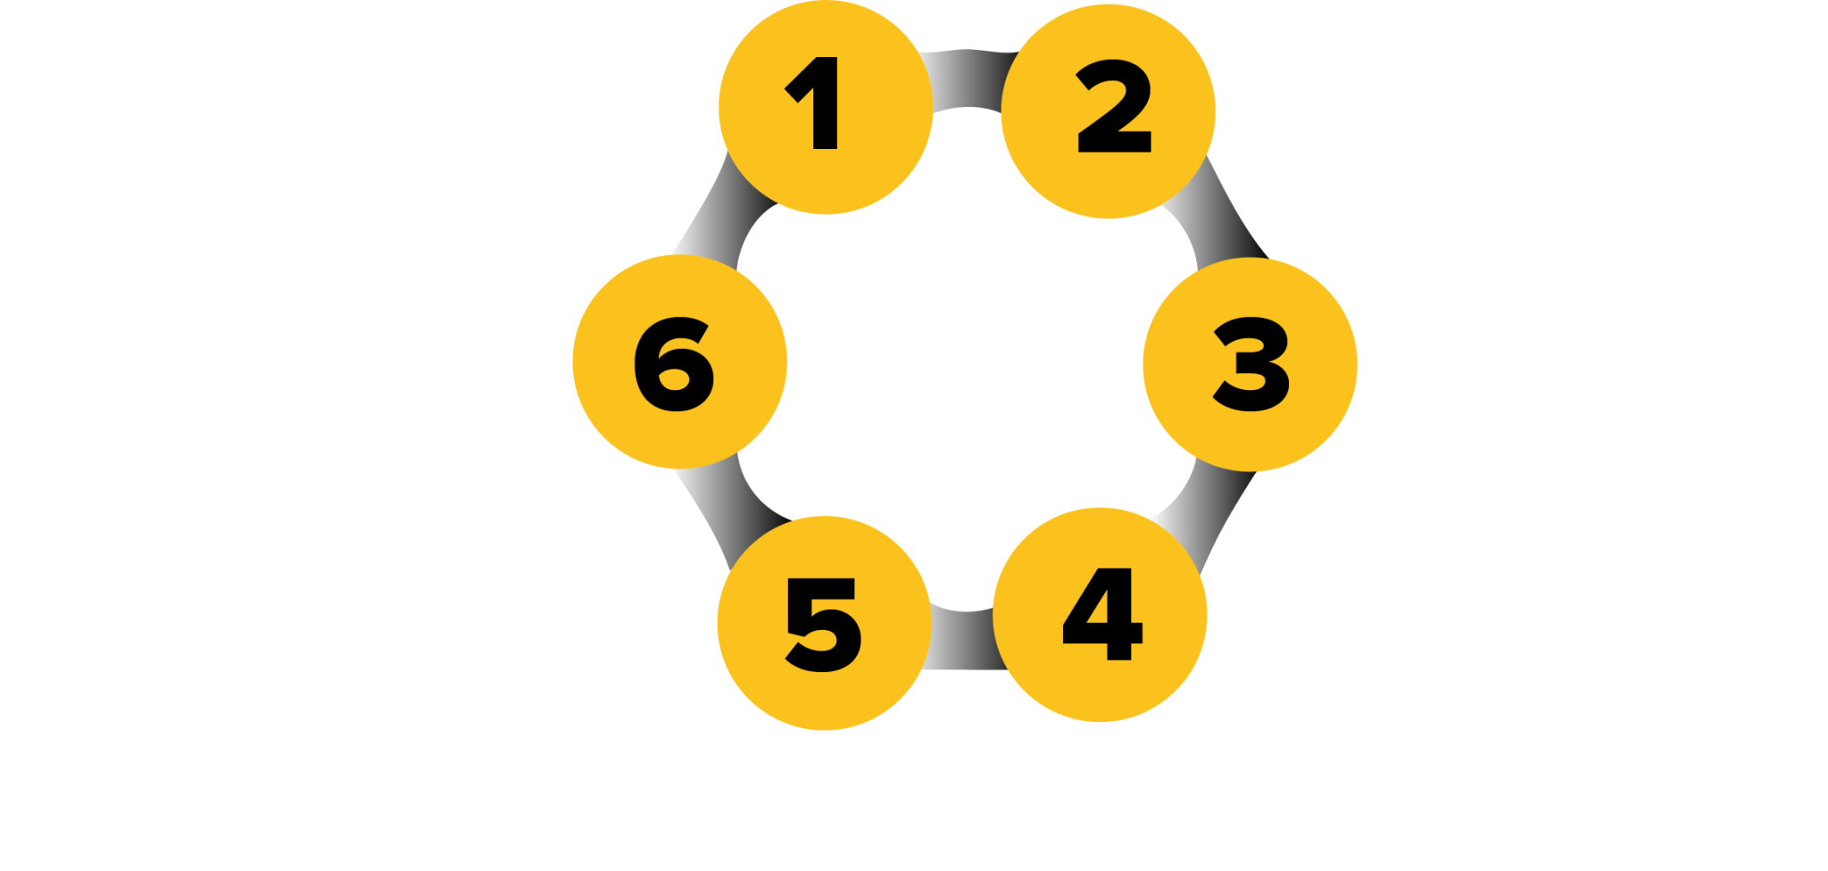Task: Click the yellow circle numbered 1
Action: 826,107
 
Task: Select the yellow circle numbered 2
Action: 1109,112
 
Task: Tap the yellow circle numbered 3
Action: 1250,364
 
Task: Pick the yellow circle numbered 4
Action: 1101,616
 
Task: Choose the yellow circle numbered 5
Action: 824,624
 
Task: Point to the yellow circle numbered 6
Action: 679,361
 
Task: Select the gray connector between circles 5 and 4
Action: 962,639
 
